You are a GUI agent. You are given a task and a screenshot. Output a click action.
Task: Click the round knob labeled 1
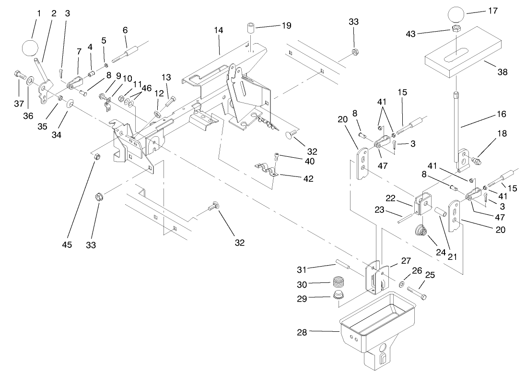pyautogui.click(x=30, y=48)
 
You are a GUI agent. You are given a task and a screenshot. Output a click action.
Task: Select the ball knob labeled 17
pyautogui.click(x=458, y=14)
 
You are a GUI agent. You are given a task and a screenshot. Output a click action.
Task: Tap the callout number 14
pyautogui.click(x=219, y=30)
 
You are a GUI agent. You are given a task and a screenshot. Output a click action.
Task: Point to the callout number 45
pyautogui.click(x=67, y=245)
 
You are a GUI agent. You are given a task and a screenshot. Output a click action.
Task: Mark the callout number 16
pyautogui.click(x=501, y=115)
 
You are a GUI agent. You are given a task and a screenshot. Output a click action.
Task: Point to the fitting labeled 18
pyautogui.click(x=476, y=159)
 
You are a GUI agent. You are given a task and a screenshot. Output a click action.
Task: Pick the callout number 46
pyautogui.click(x=146, y=88)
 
